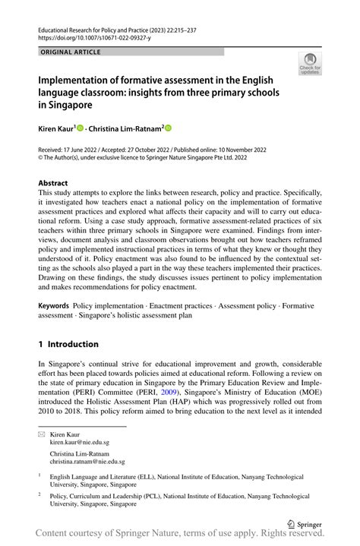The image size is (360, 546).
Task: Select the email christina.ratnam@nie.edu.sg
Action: pyautogui.click(x=87, y=461)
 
